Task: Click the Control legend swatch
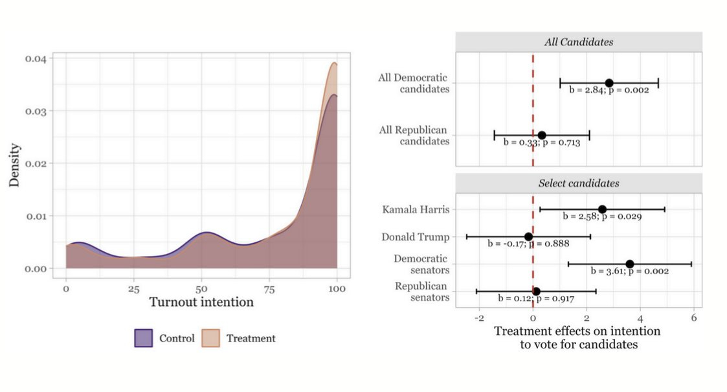point(143,338)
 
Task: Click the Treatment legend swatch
point(210,338)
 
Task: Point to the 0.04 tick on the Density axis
point(36,58)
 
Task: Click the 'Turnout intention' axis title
point(201,302)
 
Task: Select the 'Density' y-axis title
point(14,165)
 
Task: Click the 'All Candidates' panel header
point(578,42)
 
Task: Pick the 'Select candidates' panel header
point(578,183)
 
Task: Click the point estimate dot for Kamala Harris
point(602,209)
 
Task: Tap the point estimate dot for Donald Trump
point(528,236)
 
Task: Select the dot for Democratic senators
point(629,264)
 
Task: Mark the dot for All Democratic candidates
point(609,83)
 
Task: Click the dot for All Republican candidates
point(542,135)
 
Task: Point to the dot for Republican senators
point(536,292)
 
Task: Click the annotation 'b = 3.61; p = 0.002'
point(629,271)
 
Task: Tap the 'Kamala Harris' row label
point(416,209)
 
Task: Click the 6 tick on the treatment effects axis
point(693,318)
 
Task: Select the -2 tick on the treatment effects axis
point(479,318)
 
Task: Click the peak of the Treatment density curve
point(334,63)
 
